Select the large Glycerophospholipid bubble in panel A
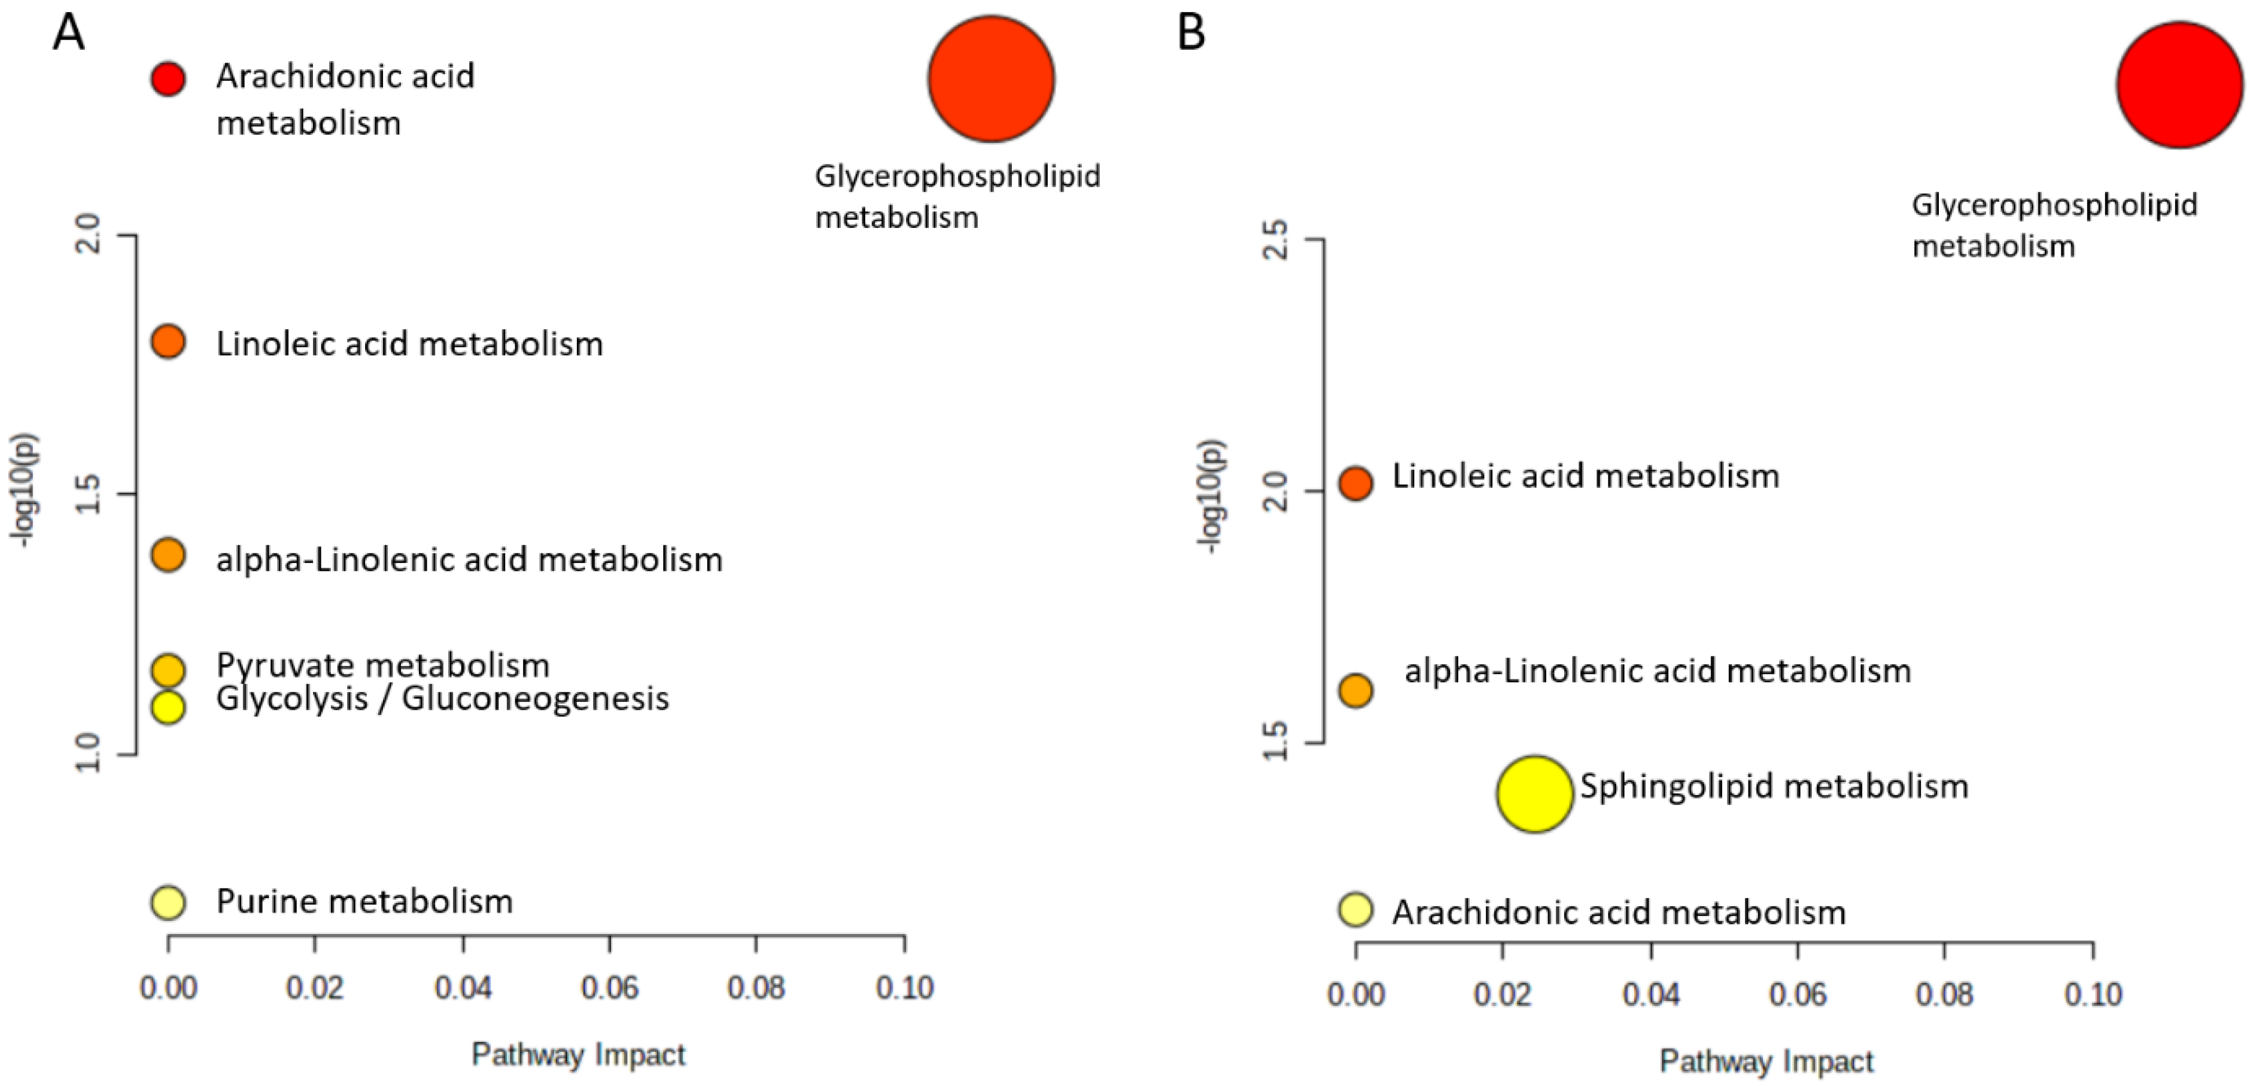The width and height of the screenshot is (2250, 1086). [990, 78]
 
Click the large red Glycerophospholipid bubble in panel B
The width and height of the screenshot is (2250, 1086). [2179, 85]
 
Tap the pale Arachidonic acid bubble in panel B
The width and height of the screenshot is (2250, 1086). [1355, 909]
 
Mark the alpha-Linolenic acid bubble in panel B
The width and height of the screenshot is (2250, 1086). [1355, 690]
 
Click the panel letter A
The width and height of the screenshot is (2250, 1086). [68, 33]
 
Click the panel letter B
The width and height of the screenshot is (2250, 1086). [1191, 33]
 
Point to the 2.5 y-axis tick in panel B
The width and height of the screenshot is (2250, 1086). [1277, 239]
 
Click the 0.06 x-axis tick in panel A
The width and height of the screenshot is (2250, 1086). [610, 988]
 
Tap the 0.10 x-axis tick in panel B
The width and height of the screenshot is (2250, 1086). [2093, 994]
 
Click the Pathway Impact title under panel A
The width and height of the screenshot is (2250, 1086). [578, 1054]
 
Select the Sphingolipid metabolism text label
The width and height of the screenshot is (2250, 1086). [1774, 786]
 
